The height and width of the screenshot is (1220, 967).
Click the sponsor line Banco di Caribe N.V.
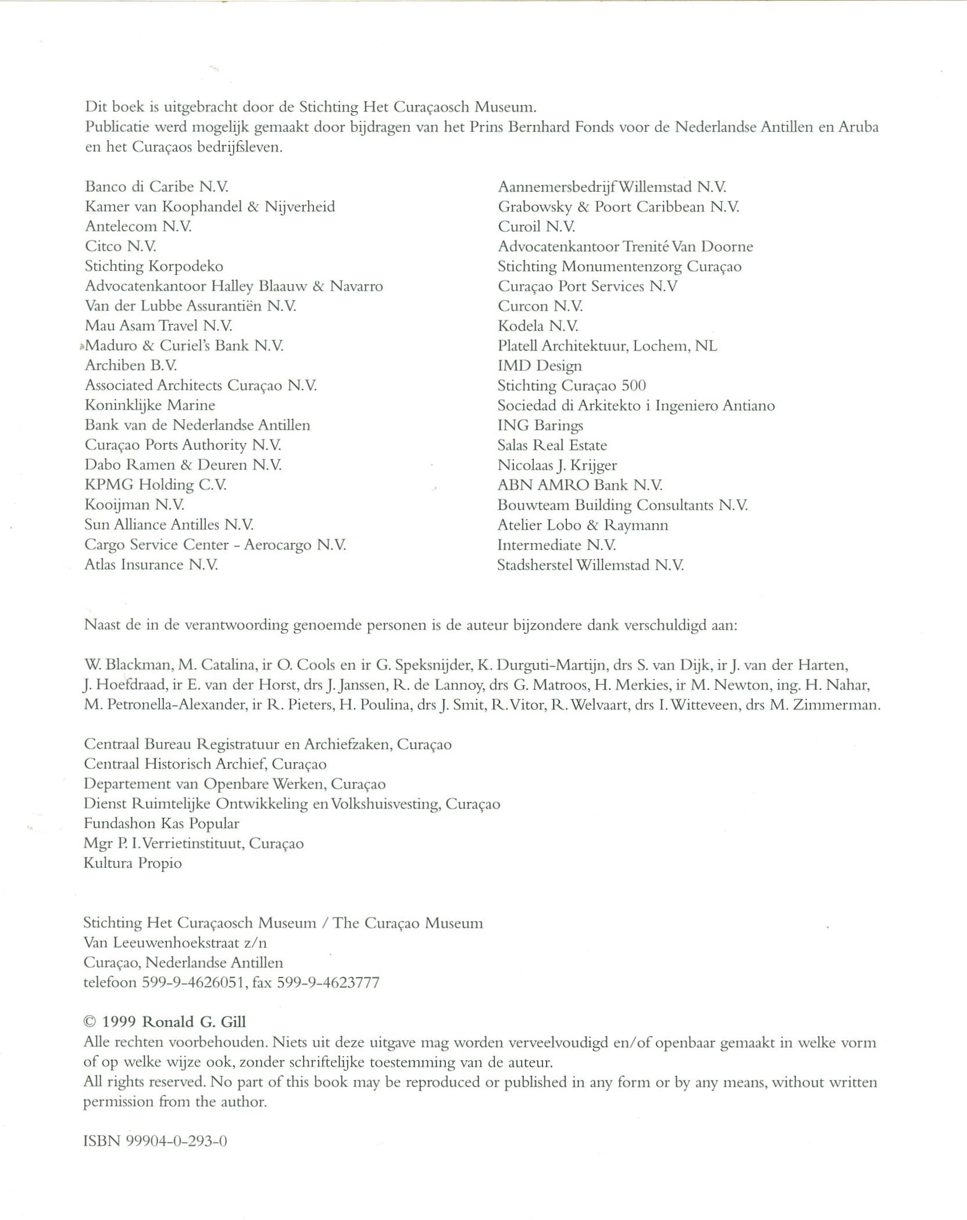pyautogui.click(x=156, y=187)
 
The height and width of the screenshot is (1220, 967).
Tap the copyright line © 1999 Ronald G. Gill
pyautogui.click(x=165, y=1022)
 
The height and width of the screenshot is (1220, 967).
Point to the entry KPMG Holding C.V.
pyautogui.click(x=155, y=485)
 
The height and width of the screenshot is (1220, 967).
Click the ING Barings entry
pyautogui.click(x=540, y=425)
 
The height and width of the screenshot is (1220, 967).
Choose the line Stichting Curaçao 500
pyautogui.click(x=571, y=386)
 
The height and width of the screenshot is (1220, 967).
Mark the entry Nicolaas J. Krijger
pyautogui.click(x=556, y=465)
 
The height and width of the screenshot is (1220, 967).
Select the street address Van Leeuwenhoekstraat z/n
pyautogui.click(x=176, y=943)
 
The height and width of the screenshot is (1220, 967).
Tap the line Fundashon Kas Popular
pyautogui.click(x=161, y=824)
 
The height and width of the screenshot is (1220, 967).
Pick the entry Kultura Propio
pyautogui.click(x=133, y=863)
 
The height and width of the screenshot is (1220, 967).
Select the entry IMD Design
pyautogui.click(x=539, y=366)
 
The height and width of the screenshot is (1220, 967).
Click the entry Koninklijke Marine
pyautogui.click(x=149, y=405)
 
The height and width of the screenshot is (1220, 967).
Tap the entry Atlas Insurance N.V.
pyautogui.click(x=151, y=564)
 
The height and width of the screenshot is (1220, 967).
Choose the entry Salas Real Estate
pyautogui.click(x=552, y=445)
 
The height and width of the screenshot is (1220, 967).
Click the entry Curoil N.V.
pyautogui.click(x=536, y=227)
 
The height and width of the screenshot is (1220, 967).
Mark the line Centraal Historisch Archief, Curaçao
pyautogui.click(x=205, y=764)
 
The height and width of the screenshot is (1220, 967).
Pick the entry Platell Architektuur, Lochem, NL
pyautogui.click(x=607, y=346)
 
